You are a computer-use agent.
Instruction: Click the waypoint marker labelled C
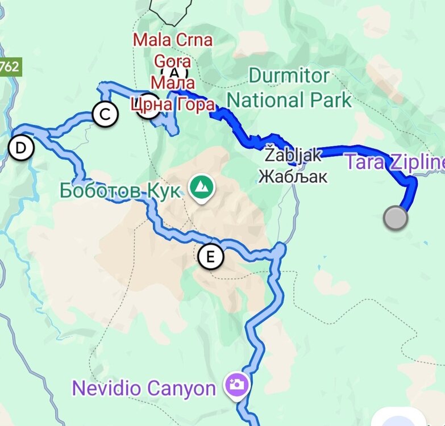[105, 114]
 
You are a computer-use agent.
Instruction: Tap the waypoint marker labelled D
[21, 148]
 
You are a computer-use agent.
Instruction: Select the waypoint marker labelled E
[211, 257]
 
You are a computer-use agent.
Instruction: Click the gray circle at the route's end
[396, 218]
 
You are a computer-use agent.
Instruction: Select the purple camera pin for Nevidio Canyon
[235, 385]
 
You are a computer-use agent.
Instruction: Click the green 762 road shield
[9, 66]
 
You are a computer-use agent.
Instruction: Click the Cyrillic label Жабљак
[293, 177]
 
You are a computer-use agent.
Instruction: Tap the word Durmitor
[289, 76]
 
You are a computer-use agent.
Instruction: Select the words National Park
[289, 101]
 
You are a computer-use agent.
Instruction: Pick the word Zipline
[418, 162]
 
